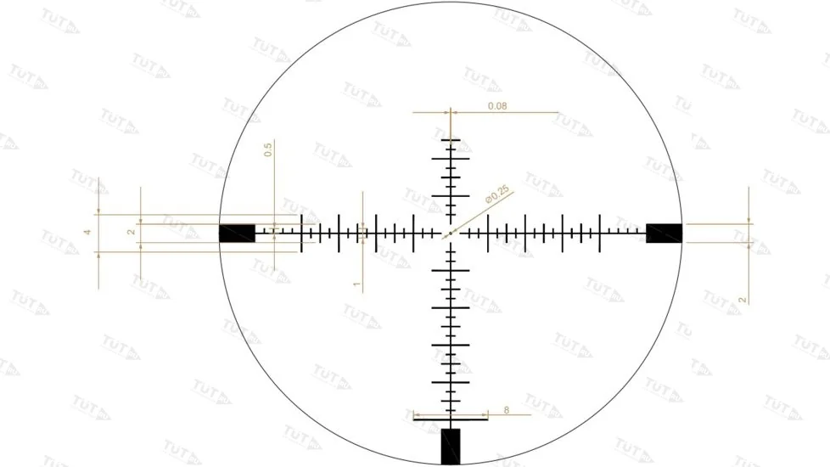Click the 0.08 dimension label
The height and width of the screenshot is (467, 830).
coord(497,106)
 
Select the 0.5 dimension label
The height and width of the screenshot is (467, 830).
coord(268,150)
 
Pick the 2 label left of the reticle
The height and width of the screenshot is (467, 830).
coord(130,232)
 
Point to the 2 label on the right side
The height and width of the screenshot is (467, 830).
coord(742,301)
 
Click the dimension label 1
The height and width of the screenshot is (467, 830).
coord(356,284)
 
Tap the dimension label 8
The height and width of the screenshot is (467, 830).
coord(507,410)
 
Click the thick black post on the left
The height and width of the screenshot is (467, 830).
coord(237,233)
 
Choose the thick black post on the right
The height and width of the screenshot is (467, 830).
coord(664,233)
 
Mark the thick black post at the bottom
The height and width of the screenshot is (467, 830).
coord(451,446)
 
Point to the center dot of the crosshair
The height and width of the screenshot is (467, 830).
coord(450,233)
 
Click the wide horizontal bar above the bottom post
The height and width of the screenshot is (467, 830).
coord(451,419)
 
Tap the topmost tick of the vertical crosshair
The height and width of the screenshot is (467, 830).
coord(451,139)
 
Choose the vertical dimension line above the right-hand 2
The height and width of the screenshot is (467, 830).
coord(749,208)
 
